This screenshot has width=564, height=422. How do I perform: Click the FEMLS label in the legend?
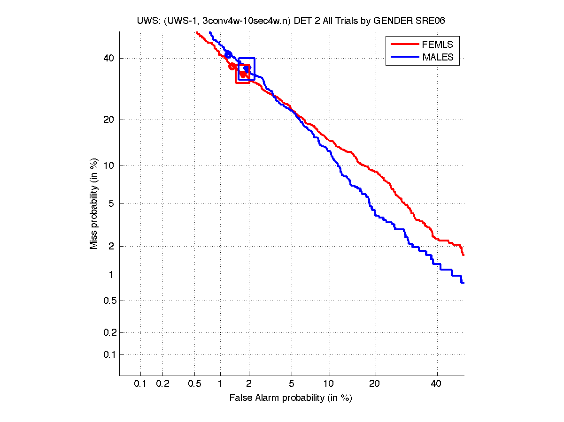tap(438, 45)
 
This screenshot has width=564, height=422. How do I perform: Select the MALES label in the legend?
tap(438, 57)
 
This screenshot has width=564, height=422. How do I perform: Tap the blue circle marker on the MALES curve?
tap(228, 54)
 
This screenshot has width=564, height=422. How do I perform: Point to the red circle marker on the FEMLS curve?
tap(232, 66)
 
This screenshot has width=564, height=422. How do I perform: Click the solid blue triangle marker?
tap(246, 69)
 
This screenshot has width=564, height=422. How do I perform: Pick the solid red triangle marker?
tap(242, 74)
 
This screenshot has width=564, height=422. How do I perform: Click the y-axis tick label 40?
tap(108, 59)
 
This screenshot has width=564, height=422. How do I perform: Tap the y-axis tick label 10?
tap(108, 166)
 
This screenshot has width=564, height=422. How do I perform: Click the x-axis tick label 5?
tap(292, 384)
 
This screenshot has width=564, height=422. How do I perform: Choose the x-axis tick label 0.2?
tap(162, 384)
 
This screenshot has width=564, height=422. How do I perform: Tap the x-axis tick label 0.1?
tap(140, 384)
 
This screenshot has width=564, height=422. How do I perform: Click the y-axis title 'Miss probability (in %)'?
tap(94, 203)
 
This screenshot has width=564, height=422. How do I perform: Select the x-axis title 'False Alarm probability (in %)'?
tap(291, 398)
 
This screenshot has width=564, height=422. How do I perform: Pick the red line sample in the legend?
tap(404, 45)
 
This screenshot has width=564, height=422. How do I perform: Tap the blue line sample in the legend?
tap(404, 57)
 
